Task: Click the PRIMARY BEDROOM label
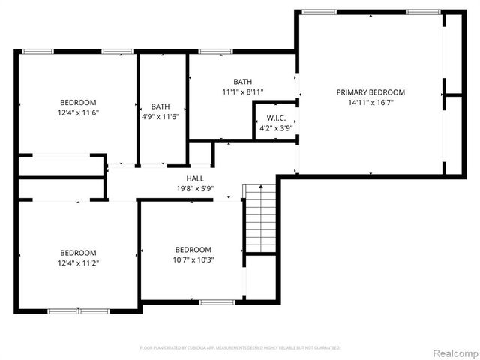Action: [370, 91]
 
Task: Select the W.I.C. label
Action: [276, 118]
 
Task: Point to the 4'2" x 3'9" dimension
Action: [276, 127]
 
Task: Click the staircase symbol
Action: [260, 218]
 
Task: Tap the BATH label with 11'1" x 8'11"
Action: [242, 82]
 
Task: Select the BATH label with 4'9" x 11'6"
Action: [160, 106]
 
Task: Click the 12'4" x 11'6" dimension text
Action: [78, 112]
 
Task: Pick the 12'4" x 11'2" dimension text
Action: [78, 262]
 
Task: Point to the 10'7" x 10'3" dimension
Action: [193, 259]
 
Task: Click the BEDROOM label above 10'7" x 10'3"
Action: [193, 250]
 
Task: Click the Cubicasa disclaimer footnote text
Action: [240, 348]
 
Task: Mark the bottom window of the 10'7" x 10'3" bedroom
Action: [217, 302]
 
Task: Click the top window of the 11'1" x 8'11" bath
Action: [215, 52]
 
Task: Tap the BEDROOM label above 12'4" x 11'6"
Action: [78, 102]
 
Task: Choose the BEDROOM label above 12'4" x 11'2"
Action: [78, 253]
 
